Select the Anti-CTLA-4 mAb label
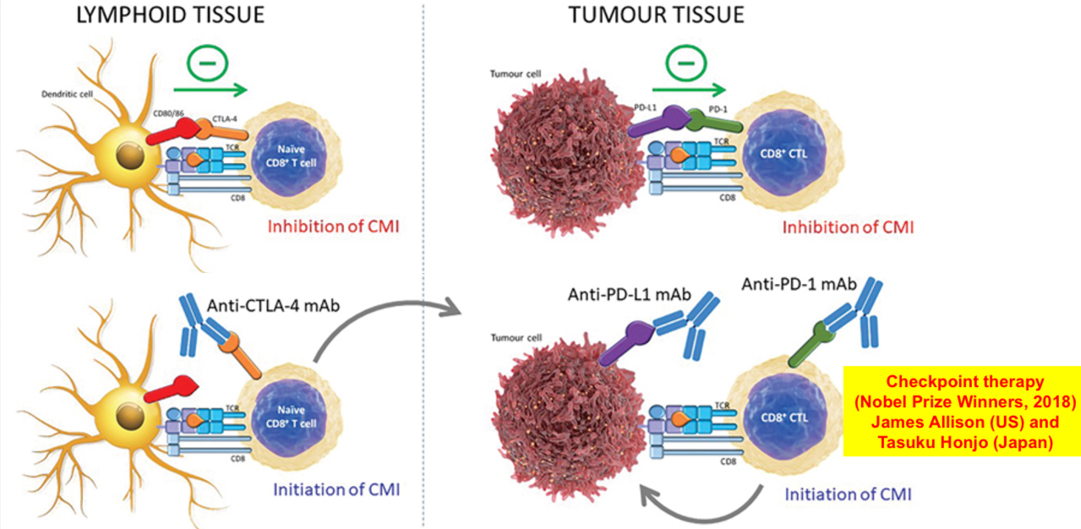273,306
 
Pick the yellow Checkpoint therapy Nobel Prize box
962,411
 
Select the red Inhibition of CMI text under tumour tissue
848,226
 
